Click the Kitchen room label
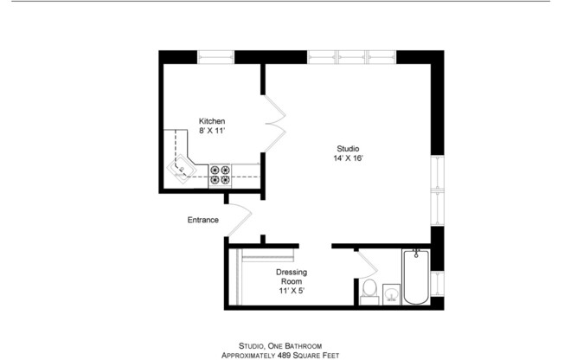(212, 120)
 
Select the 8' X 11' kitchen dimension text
(212, 131)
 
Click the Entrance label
(202, 220)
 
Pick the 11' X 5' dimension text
(291, 291)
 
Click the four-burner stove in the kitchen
(220, 175)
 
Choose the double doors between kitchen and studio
(274, 121)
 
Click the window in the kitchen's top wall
(216, 57)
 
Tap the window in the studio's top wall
(351, 57)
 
